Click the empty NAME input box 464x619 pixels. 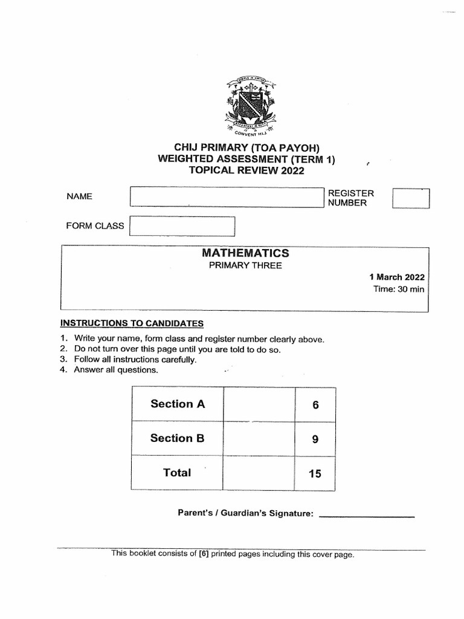point(227,197)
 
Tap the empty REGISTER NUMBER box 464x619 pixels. point(411,198)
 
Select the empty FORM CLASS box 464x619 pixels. point(182,226)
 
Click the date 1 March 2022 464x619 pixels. point(397,277)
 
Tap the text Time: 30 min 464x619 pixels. point(399,290)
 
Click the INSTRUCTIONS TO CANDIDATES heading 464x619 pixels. point(132,323)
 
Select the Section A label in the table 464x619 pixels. point(178,404)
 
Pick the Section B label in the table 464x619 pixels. point(178,438)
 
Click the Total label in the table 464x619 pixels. point(177,473)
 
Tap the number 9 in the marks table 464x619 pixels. point(315,440)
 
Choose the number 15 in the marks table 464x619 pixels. point(315,475)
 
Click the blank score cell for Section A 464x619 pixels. point(259,404)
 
